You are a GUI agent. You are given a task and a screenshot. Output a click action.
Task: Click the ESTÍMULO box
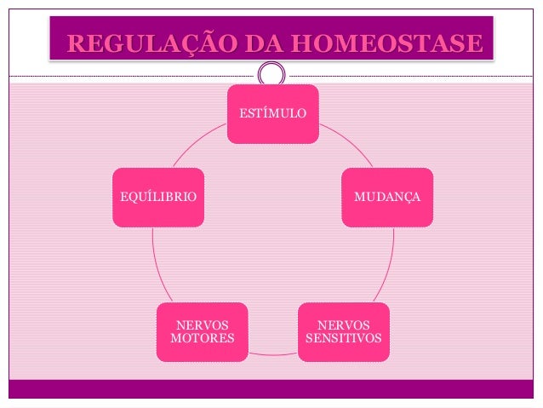(272, 113)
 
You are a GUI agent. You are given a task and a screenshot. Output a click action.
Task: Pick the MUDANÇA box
(387, 197)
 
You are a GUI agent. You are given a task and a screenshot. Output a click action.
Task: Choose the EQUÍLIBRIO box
(158, 197)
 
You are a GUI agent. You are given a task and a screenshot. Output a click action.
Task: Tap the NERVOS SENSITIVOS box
(344, 332)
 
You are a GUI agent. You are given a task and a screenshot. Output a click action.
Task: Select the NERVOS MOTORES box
(203, 332)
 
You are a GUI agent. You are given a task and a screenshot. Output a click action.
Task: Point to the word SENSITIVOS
(344, 340)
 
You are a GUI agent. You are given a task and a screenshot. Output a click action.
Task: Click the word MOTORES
(203, 340)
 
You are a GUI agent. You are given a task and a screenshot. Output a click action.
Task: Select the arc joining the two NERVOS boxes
(273, 353)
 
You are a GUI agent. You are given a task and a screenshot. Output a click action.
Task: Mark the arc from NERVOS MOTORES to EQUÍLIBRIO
(154, 264)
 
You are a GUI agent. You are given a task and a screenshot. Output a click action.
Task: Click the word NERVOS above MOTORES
(203, 325)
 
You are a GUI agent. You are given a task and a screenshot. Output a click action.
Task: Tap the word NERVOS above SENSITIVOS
(344, 325)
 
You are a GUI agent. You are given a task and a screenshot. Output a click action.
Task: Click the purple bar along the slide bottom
(272, 388)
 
